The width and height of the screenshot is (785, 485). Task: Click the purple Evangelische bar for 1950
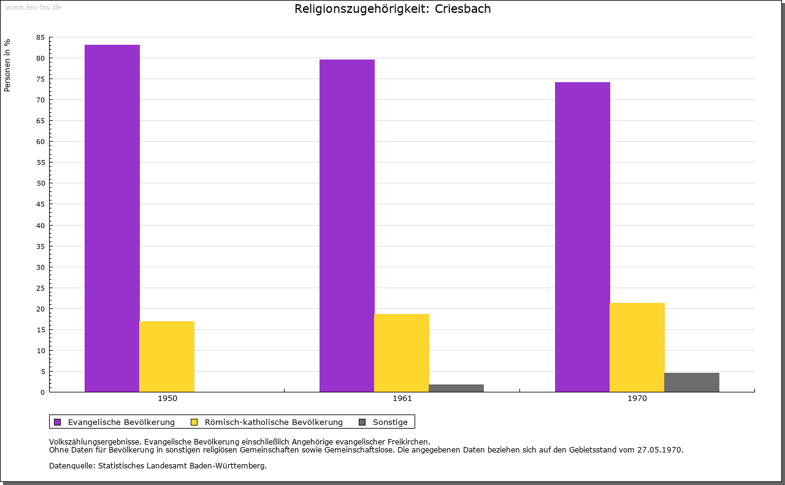pyautogui.click(x=112, y=218)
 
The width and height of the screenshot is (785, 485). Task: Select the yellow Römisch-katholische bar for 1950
pyautogui.click(x=167, y=356)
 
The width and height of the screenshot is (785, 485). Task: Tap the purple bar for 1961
pyautogui.click(x=347, y=226)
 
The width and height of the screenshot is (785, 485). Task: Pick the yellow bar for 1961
pyautogui.click(x=402, y=353)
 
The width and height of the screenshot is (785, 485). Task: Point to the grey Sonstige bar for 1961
pyautogui.click(x=456, y=388)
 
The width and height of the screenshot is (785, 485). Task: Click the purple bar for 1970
pyautogui.click(x=583, y=237)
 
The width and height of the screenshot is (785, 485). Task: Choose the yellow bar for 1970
pyautogui.click(x=637, y=347)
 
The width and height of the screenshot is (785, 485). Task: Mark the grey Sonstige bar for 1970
pyautogui.click(x=692, y=382)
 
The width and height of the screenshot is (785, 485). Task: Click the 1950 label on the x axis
pyautogui.click(x=167, y=399)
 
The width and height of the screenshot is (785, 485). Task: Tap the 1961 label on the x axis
pyautogui.click(x=402, y=399)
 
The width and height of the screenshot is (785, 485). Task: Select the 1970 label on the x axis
pyautogui.click(x=637, y=399)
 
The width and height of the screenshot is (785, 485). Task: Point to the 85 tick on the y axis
pyautogui.click(x=40, y=37)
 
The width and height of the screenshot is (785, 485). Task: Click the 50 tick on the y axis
pyautogui.click(x=40, y=183)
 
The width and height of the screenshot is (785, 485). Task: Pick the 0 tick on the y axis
pyautogui.click(x=43, y=392)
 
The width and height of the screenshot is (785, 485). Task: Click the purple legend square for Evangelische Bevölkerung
pyautogui.click(x=58, y=422)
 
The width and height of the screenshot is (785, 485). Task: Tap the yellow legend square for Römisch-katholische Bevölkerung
pyautogui.click(x=194, y=422)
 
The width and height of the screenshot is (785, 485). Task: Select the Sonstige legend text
pyautogui.click(x=390, y=422)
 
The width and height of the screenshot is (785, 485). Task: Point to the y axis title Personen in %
pyautogui.click(x=7, y=65)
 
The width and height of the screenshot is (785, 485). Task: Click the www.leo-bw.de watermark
pyautogui.click(x=33, y=6)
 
